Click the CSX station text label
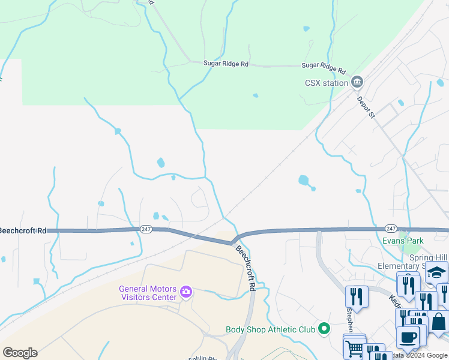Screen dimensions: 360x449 pyautogui.click(x=327, y=83)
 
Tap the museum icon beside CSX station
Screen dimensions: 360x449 pyautogui.click(x=357, y=81)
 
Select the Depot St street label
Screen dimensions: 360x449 pyautogui.click(x=366, y=107)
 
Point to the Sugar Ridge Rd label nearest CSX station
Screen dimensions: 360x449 pyautogui.click(x=324, y=69)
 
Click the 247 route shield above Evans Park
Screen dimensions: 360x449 pyautogui.click(x=391, y=229)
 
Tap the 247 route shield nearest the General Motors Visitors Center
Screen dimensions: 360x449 pyautogui.click(x=146, y=229)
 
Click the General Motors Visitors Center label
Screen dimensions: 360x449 pyautogui.click(x=148, y=292)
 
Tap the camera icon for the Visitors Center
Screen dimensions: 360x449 pyautogui.click(x=186, y=292)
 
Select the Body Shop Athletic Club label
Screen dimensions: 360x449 pyautogui.click(x=270, y=329)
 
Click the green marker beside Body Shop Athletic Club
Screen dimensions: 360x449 pyautogui.click(x=325, y=328)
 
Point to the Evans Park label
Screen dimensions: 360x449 pyautogui.click(x=403, y=241)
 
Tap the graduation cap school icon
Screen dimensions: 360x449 pyautogui.click(x=437, y=272)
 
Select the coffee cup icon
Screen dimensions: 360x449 pyautogui.click(x=408, y=337)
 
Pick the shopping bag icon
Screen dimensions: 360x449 pyautogui.click(x=439, y=321)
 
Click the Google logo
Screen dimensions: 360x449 pyautogui.click(x=20, y=353)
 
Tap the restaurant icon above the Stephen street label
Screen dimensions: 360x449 pyautogui.click(x=357, y=295)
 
